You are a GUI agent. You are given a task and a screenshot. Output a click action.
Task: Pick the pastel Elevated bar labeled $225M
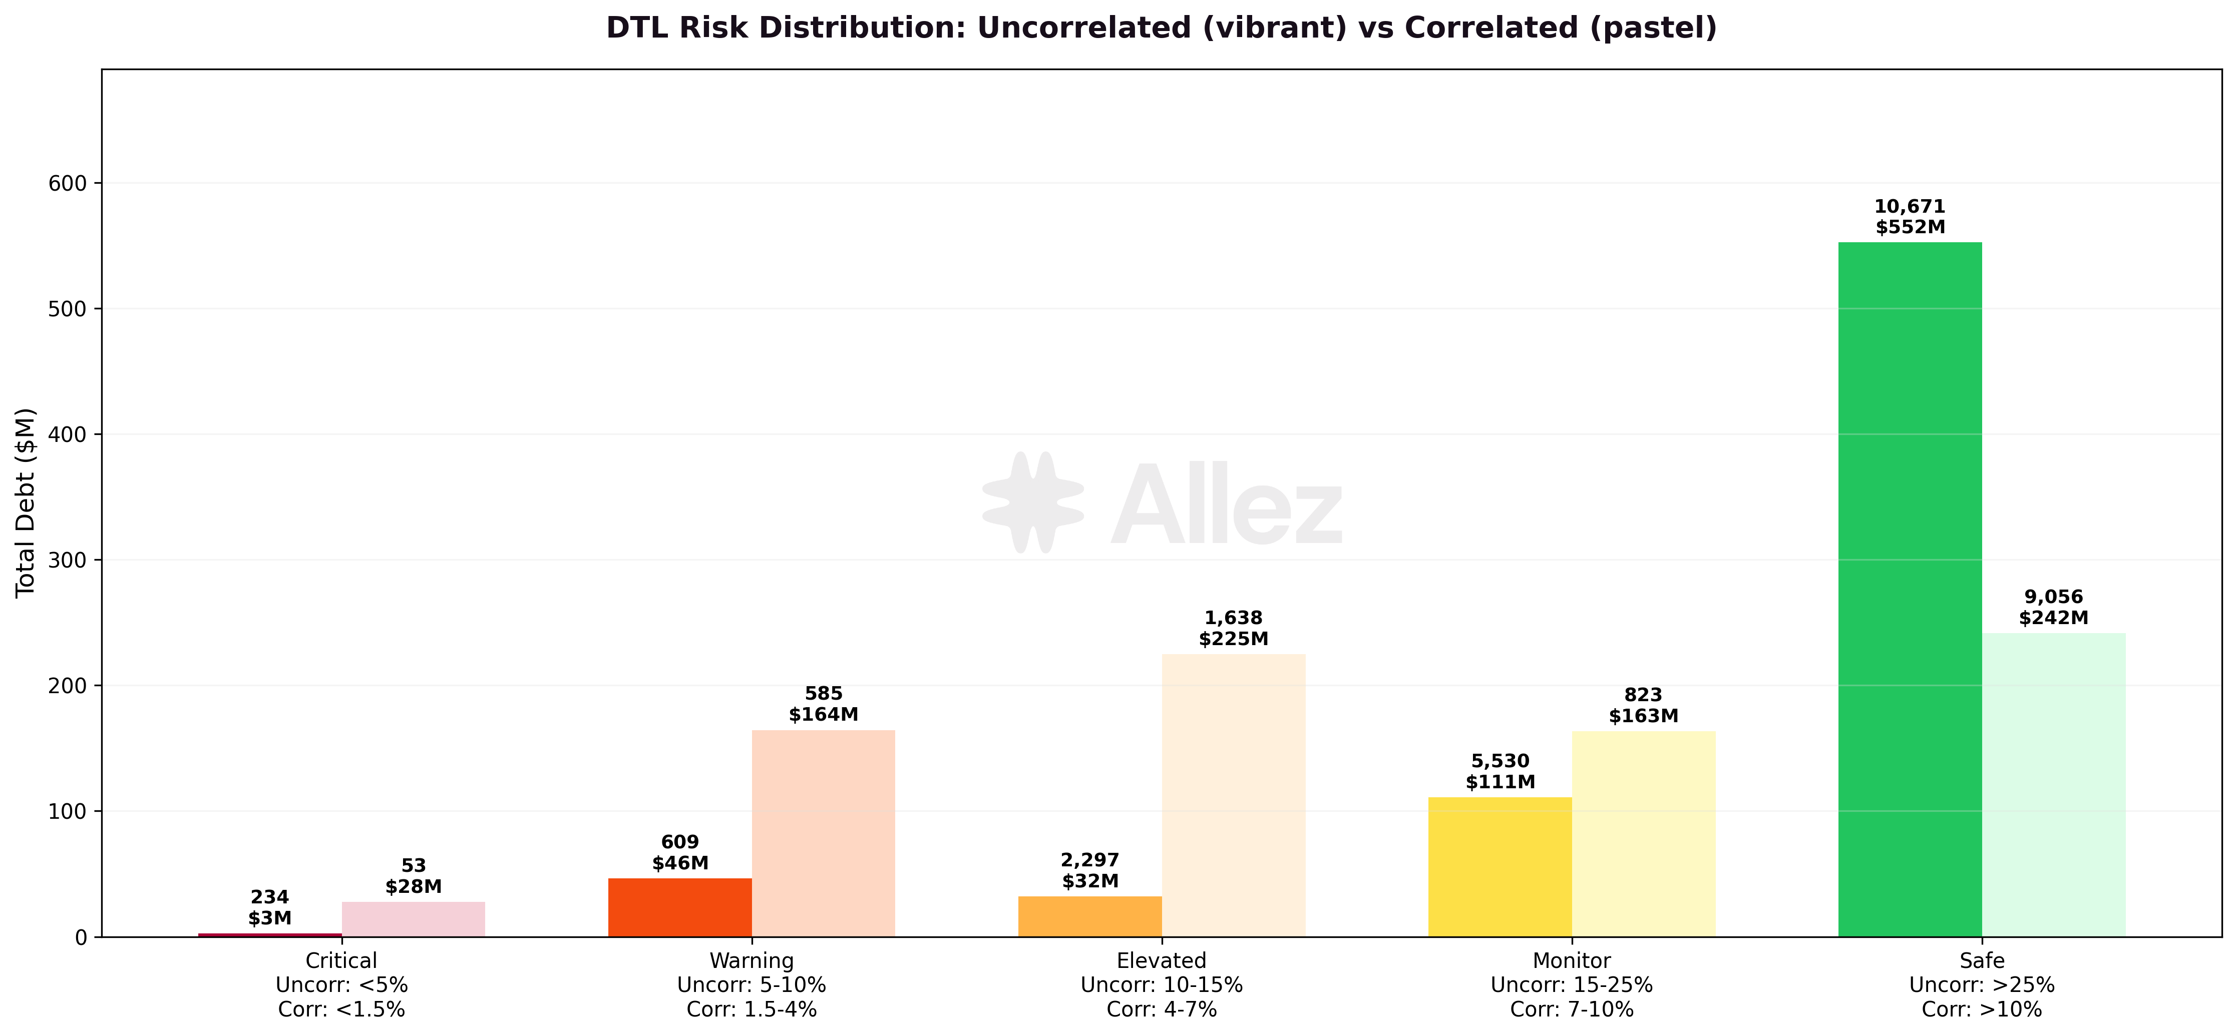1233,795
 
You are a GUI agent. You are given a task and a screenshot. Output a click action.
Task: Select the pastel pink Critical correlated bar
414,919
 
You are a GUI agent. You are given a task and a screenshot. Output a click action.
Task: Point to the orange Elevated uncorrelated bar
1090,916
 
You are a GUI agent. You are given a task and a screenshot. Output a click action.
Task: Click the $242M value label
2054,618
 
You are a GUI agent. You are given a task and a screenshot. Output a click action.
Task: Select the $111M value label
1500,782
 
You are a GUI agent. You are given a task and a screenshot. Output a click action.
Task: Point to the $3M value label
269,918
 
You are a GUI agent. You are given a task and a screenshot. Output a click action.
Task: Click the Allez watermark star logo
1032,502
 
